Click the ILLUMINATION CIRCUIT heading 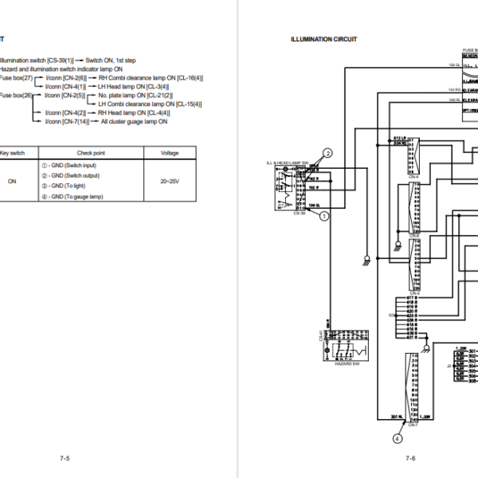324,39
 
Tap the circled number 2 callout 327,153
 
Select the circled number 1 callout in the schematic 325,214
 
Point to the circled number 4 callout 397,437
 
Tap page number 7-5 65,458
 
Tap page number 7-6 410,458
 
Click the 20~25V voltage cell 170,181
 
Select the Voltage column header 170,152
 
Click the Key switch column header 13,152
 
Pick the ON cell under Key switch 12,181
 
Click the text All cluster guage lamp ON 134,121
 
